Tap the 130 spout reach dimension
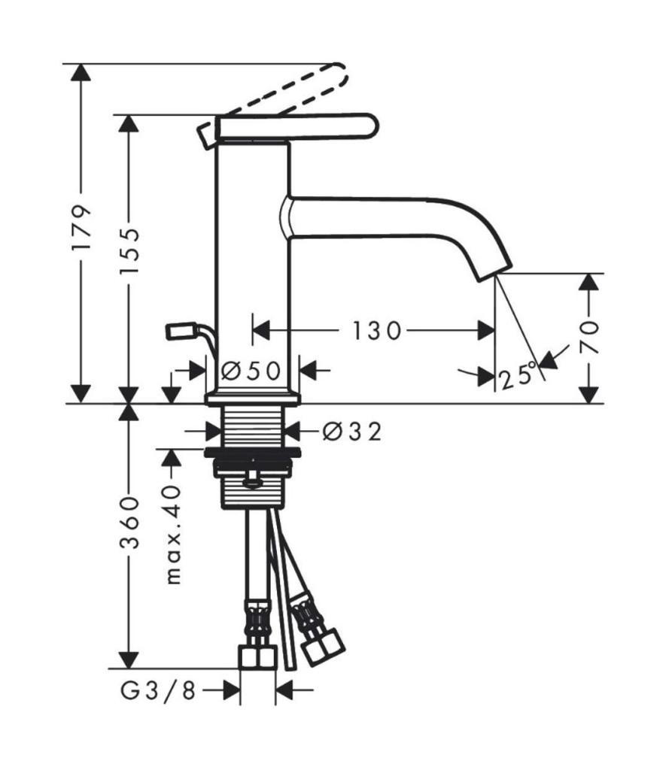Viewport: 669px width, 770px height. coord(377,331)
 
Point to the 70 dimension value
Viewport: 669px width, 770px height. coord(589,338)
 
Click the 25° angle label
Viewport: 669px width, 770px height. coord(517,376)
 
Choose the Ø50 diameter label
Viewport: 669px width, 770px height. coord(251,371)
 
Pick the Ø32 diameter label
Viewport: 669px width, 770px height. coord(352,432)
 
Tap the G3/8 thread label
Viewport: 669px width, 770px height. coord(158,691)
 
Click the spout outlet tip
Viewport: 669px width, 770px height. coord(494,273)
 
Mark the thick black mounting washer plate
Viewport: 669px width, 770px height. coord(252,452)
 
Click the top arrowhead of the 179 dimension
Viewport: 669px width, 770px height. coord(81,73)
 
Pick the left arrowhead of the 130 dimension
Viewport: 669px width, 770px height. coord(261,331)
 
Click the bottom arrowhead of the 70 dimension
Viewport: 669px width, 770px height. coord(589,395)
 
